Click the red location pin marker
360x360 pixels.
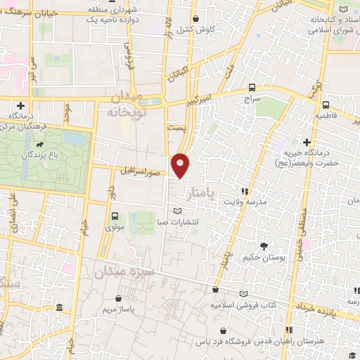click(181, 165)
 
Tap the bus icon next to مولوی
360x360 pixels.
click(114, 216)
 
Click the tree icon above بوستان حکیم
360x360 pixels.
click(263, 246)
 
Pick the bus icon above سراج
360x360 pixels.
click(252, 88)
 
